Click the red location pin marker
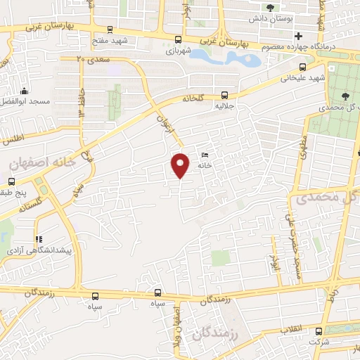point(181,165)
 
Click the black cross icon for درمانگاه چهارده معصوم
point(299,36)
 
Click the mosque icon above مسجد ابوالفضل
point(25,91)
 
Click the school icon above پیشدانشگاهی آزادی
point(39,239)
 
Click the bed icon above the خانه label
point(205,155)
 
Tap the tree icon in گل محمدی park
point(345,97)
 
